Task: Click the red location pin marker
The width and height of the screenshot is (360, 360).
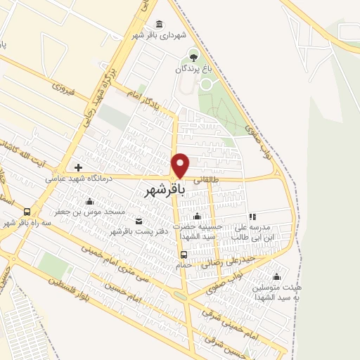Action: pyautogui.click(x=181, y=165)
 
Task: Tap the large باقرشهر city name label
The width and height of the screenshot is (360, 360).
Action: pyautogui.click(x=165, y=190)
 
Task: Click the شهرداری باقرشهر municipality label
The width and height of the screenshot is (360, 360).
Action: pyautogui.click(x=160, y=34)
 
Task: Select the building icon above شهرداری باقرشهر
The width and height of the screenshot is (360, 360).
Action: pyautogui.click(x=160, y=24)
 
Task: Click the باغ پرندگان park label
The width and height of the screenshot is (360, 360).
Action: pyautogui.click(x=193, y=70)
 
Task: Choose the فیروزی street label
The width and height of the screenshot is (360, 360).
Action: pyautogui.click(x=63, y=89)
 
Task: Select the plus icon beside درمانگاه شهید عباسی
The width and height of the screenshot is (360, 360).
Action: pyautogui.click(x=77, y=167)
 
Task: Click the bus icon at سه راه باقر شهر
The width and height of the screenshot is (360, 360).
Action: pyautogui.click(x=27, y=211)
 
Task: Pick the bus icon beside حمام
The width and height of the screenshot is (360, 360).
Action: pyautogui.click(x=184, y=254)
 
